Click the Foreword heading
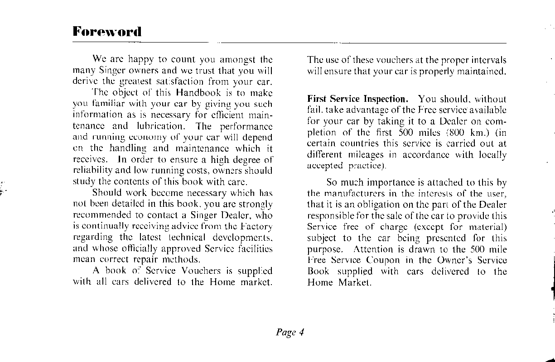pos(107,32)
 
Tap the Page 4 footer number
pos(290,333)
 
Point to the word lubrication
pos(160,126)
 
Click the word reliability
pos(93,171)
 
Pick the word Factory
pos(256,226)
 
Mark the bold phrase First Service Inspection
pos(357,99)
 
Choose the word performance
pos(246,126)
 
